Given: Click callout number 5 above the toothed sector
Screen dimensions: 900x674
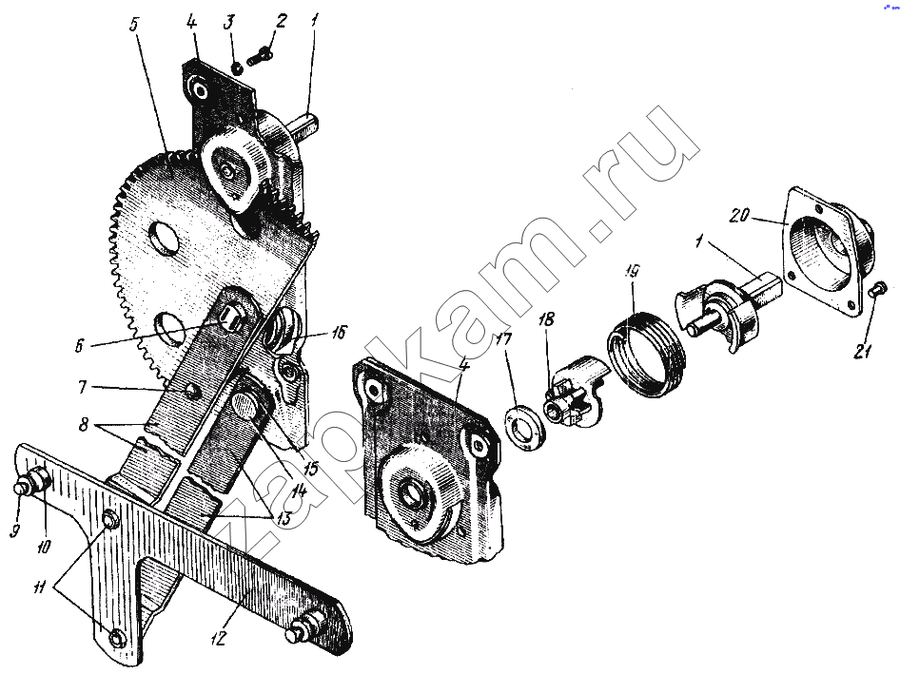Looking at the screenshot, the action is (x=135, y=26).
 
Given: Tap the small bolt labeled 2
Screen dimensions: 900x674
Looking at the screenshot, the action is (x=260, y=56).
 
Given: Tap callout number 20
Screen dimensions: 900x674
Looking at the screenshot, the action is (x=739, y=216).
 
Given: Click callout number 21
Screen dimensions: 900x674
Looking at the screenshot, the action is (x=862, y=349).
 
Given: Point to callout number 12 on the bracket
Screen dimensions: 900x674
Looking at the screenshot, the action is (x=219, y=638).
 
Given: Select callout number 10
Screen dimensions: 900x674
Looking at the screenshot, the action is (x=44, y=547).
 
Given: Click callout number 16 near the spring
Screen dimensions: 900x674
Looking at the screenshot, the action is (x=339, y=332).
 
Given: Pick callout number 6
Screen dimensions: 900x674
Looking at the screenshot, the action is (x=79, y=346).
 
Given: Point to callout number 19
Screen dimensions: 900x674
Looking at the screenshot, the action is (x=632, y=271).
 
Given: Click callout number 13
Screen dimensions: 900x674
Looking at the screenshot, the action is (x=283, y=519).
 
